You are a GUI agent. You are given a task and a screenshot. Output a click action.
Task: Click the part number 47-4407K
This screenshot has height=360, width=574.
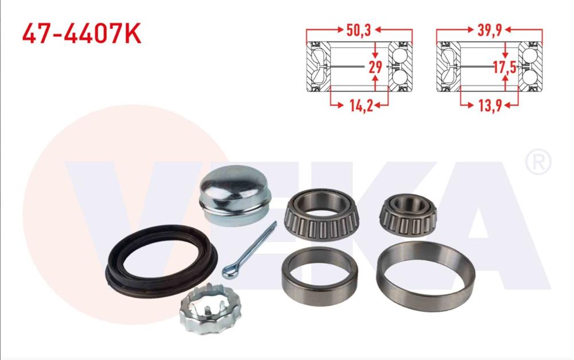82,34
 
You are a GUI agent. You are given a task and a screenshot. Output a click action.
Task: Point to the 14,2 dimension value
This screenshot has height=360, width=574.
359,105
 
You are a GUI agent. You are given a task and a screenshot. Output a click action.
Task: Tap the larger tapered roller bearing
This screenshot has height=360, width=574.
323,215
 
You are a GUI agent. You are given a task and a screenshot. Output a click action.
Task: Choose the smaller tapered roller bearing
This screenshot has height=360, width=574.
408,216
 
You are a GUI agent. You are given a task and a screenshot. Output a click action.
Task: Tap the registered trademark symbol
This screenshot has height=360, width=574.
538,162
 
